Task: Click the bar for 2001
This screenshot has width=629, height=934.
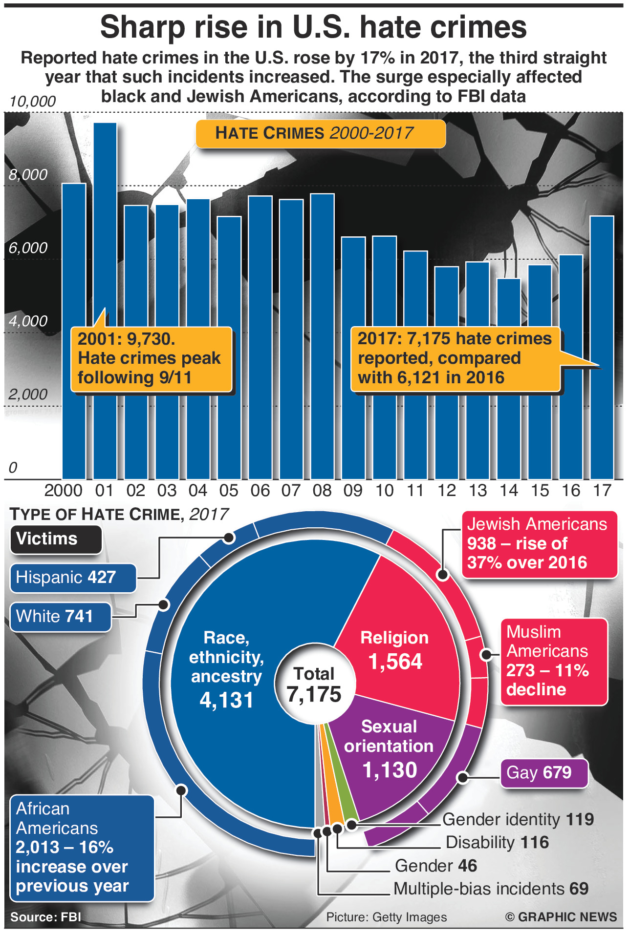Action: coord(105,220)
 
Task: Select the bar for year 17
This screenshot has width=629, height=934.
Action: coord(602,293)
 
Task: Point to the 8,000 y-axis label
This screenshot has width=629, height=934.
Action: coord(28,175)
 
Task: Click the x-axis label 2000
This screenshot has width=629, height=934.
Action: coord(64,490)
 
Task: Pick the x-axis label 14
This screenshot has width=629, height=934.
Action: coord(509,490)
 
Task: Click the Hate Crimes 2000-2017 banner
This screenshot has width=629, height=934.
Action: coord(320,133)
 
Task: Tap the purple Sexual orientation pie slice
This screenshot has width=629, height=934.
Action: coord(391,752)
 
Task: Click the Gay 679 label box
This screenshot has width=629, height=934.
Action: coord(543,772)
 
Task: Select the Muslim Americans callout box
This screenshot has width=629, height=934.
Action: coord(554,661)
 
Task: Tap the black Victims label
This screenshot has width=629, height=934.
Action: coord(56,539)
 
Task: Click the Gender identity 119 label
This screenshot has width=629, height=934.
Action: coord(518,819)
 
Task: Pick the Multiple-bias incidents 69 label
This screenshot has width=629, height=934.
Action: coord(491,889)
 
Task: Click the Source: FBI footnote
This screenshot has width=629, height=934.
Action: coord(45,917)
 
